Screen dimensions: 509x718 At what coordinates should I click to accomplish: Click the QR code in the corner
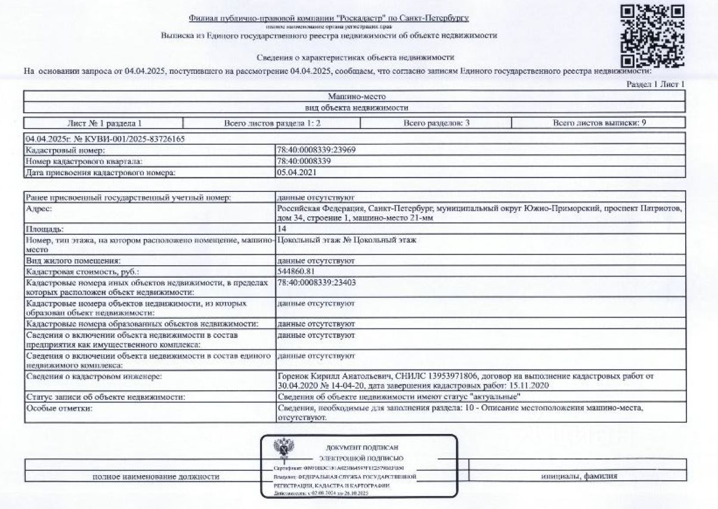[x=652, y=35]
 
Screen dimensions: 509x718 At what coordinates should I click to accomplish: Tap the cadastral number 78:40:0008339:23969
[x=316, y=150]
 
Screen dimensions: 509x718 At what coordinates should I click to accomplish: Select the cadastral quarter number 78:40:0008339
[x=304, y=161]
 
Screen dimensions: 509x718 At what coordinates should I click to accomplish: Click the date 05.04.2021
[x=296, y=172]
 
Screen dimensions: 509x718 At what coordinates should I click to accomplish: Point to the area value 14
[x=282, y=229]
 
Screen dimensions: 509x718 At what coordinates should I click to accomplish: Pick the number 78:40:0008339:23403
[x=316, y=283]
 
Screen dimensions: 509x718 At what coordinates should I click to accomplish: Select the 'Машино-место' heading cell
[x=354, y=96]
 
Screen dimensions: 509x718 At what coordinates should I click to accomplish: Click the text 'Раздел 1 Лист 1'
[x=655, y=85]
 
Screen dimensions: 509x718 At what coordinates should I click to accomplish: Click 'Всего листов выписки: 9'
[x=599, y=123]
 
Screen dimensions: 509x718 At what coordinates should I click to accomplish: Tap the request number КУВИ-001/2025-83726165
[x=104, y=139]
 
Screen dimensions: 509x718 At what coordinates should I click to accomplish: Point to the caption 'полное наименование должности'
[x=156, y=477]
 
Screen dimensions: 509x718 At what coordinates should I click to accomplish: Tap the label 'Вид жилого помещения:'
[x=73, y=261]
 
